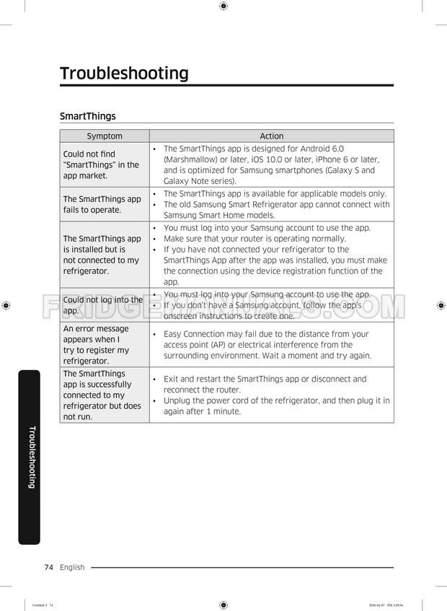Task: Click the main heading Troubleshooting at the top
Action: [x=124, y=74]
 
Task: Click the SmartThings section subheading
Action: [x=87, y=116]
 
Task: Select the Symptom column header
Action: [x=105, y=136]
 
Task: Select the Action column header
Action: [x=271, y=136]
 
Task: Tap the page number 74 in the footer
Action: [x=49, y=567]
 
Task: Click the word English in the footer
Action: [x=72, y=567]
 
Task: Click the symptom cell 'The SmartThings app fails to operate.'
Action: [x=102, y=204]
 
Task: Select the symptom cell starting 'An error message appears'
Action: [x=97, y=345]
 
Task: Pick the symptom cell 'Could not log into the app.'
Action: [x=102, y=305]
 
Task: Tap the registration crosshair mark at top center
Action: [x=223, y=6]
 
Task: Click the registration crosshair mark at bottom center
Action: [x=223, y=605]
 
